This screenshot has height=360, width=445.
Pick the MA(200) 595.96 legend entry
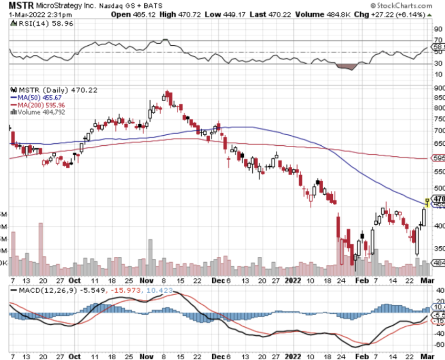tap(41, 105)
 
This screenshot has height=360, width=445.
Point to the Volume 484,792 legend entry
tap(41, 112)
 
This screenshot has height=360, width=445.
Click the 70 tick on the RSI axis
tap(437, 40)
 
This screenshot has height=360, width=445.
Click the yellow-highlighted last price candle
tap(427, 203)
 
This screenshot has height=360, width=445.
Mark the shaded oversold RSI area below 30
tap(347, 67)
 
